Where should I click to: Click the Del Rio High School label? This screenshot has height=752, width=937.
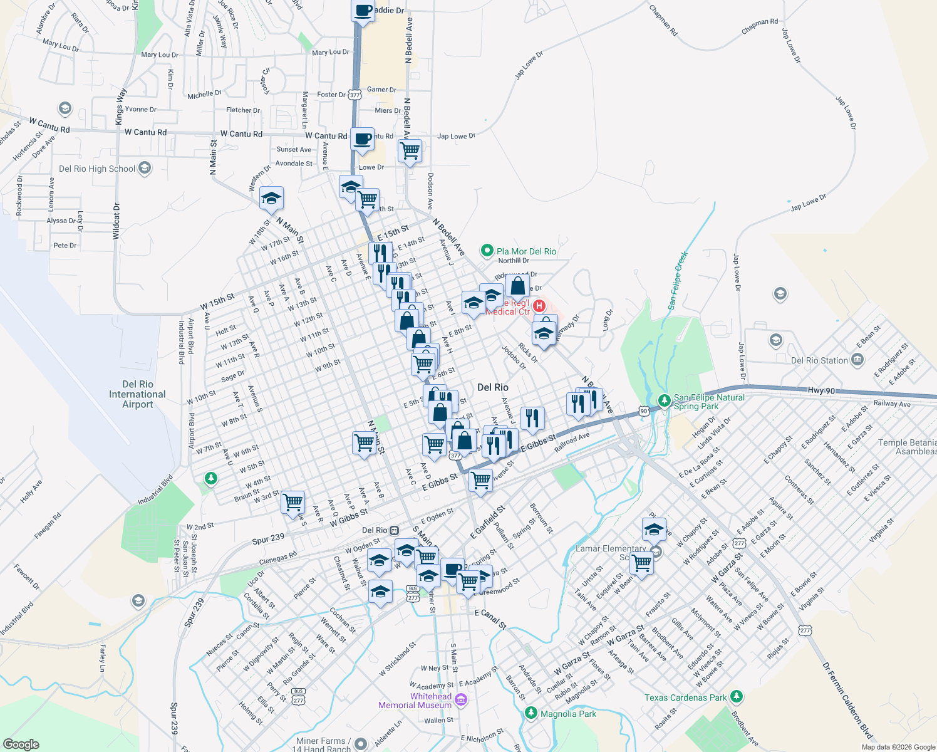[x=97, y=169]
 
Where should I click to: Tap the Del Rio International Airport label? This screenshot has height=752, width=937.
[x=137, y=394]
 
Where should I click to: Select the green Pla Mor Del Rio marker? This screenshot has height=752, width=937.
[x=487, y=251]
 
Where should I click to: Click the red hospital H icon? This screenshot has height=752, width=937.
[x=539, y=306]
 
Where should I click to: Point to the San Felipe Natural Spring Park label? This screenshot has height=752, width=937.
[x=709, y=402]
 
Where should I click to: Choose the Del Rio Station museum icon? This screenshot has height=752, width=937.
[x=857, y=360]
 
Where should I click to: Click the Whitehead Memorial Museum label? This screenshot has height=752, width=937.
[x=415, y=701]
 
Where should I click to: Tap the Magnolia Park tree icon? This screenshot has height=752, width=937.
[x=531, y=713]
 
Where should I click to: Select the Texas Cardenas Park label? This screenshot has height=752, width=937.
[x=686, y=697]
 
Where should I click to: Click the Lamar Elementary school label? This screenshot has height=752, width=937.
[x=611, y=549]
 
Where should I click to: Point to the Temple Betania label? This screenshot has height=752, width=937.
[x=907, y=447]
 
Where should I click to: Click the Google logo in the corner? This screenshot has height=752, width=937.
[x=21, y=744]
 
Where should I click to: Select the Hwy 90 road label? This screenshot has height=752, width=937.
[x=821, y=390]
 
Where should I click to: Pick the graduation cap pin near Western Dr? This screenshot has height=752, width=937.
[x=271, y=199]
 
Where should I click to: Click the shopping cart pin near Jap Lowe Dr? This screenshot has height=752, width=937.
[x=410, y=150]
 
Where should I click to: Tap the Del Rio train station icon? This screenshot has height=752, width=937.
[x=394, y=530]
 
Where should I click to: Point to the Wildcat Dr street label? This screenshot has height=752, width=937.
[x=116, y=221]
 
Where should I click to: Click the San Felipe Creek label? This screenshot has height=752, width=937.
[x=678, y=280]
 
